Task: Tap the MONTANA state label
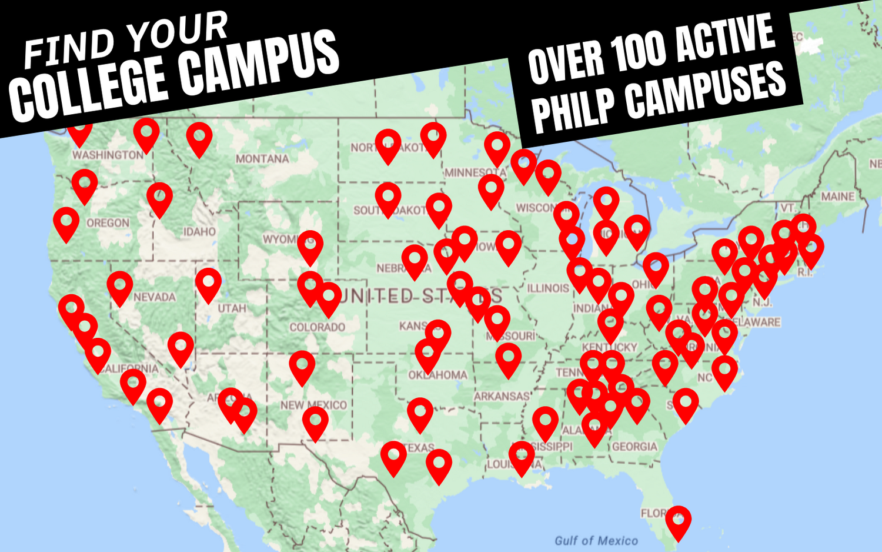[262, 159]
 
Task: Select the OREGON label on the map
[108, 223]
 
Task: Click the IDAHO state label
[199, 232]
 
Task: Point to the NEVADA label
[154, 297]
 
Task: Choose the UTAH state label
[232, 308]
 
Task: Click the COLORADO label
[317, 327]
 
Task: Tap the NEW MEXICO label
[313, 405]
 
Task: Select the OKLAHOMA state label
[438, 375]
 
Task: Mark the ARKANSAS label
[502, 397]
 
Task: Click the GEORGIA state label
[634, 447]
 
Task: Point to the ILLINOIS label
[548, 288]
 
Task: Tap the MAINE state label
[838, 197]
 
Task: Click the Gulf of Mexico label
[596, 541]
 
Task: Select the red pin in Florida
[678, 521]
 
